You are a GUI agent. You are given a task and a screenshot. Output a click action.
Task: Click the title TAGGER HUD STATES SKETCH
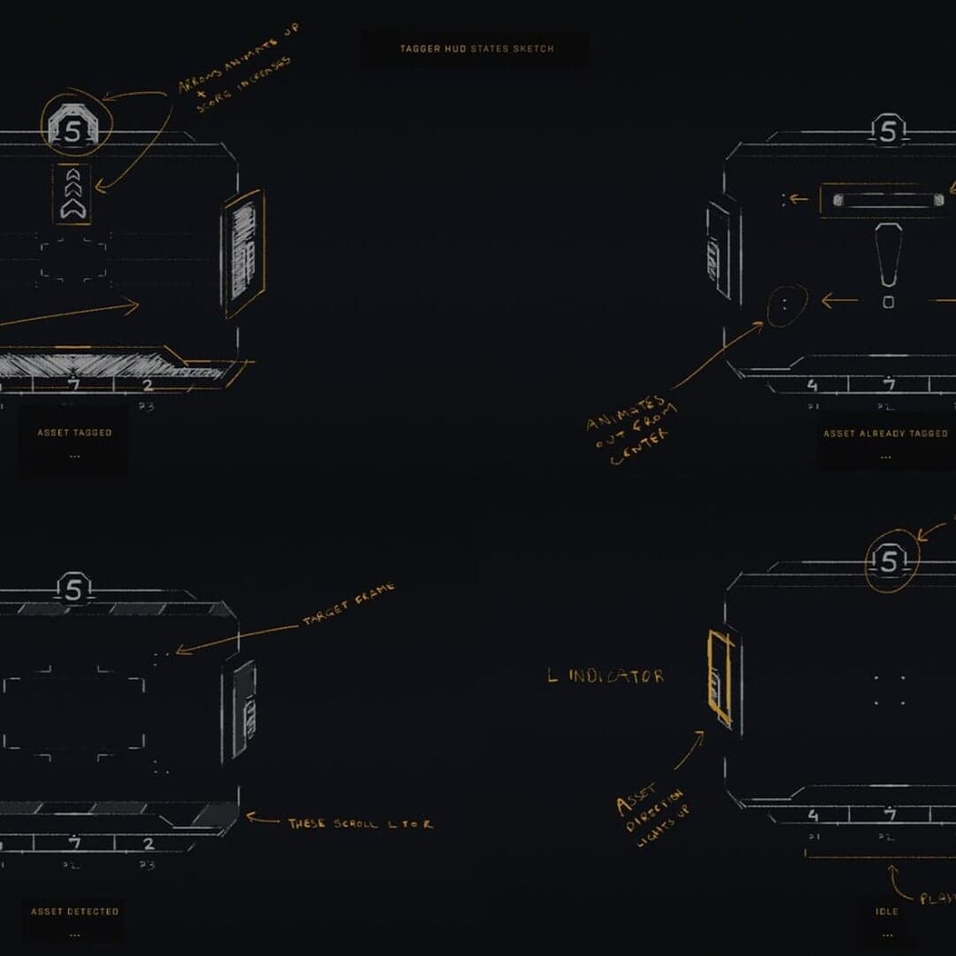tap(476, 49)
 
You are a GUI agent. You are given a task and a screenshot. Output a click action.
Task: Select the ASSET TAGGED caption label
tap(74, 433)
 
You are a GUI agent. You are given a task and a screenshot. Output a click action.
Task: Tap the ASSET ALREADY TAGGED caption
tap(885, 434)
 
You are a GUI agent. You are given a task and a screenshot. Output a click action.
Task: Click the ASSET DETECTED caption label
tap(74, 911)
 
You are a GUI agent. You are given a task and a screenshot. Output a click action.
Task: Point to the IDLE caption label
tap(886, 911)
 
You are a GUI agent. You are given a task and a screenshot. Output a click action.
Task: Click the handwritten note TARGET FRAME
tap(348, 605)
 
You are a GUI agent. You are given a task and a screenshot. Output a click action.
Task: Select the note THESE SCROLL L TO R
tap(360, 823)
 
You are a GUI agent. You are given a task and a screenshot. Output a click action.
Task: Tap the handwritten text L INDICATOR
tap(605, 676)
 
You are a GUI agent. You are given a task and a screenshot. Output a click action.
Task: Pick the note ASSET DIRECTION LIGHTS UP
tap(653, 814)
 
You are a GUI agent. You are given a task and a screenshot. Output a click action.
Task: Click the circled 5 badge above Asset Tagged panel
tap(74, 127)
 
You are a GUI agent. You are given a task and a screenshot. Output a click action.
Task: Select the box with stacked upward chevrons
tap(72, 193)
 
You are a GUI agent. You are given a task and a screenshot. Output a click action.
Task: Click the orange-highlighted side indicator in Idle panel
tap(721, 678)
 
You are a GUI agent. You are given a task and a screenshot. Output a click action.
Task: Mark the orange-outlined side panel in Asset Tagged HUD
tap(243, 253)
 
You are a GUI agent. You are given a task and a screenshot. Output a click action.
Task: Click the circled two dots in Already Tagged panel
tap(786, 305)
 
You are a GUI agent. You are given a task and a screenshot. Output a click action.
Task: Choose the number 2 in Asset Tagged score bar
tap(147, 385)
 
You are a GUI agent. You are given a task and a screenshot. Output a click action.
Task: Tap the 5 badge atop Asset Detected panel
tap(74, 588)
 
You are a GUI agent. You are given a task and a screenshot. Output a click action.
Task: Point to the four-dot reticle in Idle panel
tap(890, 691)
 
